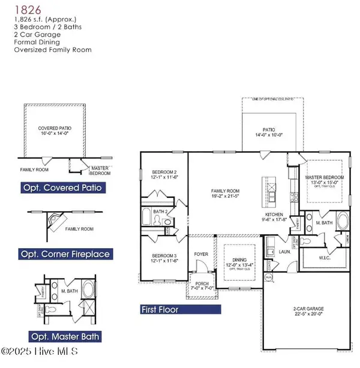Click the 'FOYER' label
[201, 254]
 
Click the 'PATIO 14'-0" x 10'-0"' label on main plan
[268, 132]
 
